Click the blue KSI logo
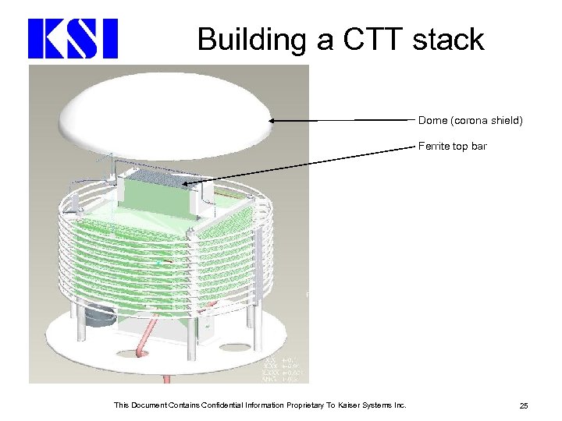[73, 39]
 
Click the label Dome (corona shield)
[470, 121]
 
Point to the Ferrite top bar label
[452, 146]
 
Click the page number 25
[523, 405]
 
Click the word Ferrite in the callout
[432, 146]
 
